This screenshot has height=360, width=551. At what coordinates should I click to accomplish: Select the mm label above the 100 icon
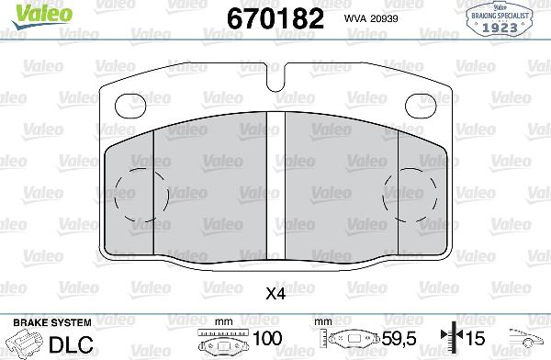(220, 322)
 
